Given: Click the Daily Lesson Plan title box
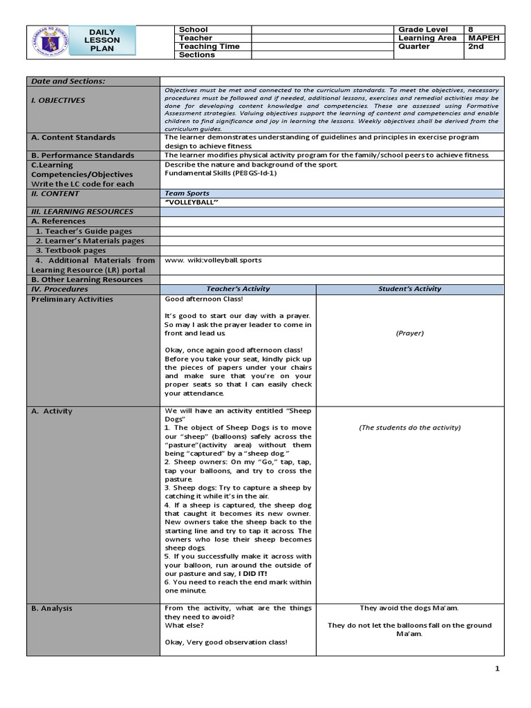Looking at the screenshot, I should [x=103, y=41].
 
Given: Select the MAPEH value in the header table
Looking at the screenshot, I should [x=483, y=38].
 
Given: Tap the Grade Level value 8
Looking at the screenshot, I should [x=472, y=30].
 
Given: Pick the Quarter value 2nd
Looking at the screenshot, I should [x=476, y=46].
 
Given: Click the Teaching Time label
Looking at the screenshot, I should [x=209, y=46].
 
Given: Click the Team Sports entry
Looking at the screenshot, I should [x=187, y=194].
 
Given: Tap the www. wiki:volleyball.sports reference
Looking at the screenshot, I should [x=213, y=260].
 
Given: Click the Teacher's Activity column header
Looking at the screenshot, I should [x=238, y=289].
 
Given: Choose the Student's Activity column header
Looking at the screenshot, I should [x=409, y=289].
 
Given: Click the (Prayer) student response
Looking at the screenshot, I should [x=409, y=333].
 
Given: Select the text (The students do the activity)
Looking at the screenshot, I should [x=409, y=427].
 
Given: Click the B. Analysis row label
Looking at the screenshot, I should [x=52, y=608].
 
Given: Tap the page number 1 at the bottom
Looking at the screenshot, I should [x=496, y=669].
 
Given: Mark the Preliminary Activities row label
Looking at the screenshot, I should [x=72, y=299].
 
